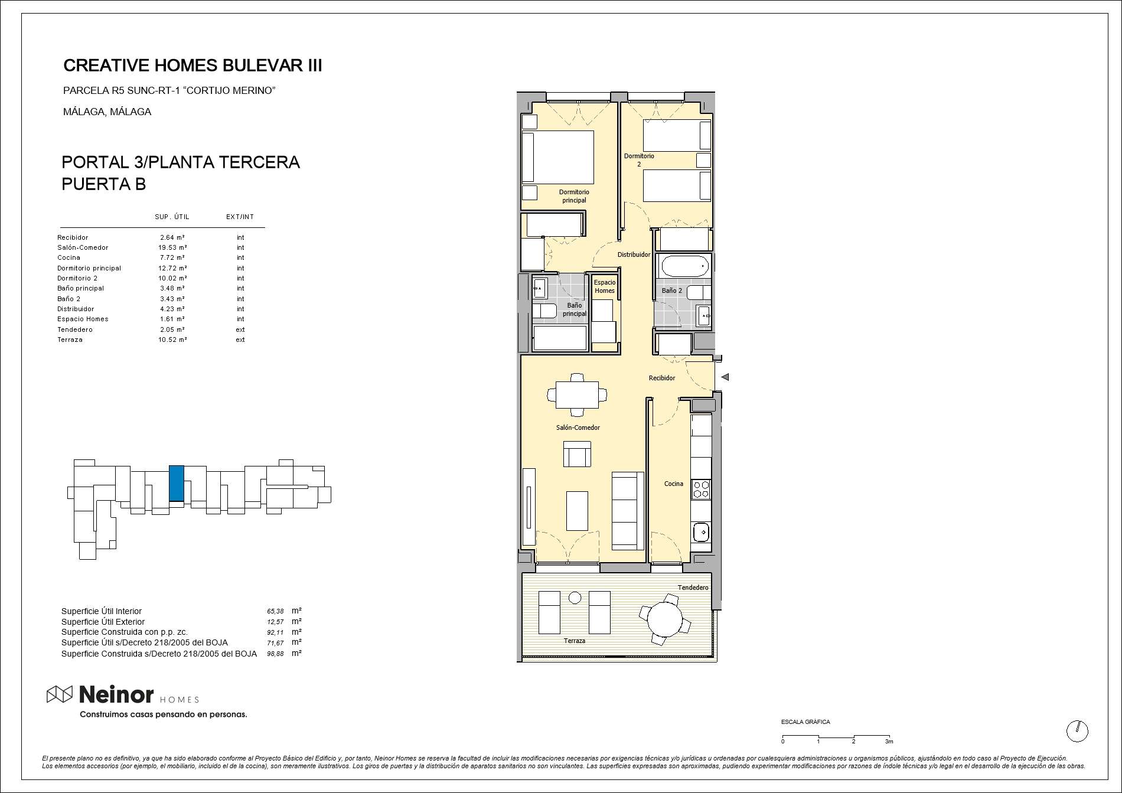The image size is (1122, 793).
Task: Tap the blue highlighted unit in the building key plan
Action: (x=176, y=483)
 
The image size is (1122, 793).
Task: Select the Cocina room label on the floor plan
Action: (x=673, y=484)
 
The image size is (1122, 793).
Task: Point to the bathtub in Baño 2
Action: (x=685, y=266)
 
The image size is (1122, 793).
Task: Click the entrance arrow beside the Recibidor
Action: (x=725, y=377)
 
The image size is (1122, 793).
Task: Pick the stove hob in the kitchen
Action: (x=701, y=489)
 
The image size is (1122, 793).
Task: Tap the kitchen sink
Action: (x=701, y=531)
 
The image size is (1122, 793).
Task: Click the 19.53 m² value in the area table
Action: (x=172, y=247)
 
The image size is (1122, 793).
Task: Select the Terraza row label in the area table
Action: (x=70, y=340)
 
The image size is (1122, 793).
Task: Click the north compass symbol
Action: (x=1077, y=731)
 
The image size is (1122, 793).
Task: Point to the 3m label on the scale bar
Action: (x=889, y=742)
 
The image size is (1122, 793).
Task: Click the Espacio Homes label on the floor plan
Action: (x=604, y=286)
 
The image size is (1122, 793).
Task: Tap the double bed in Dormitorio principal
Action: (x=558, y=157)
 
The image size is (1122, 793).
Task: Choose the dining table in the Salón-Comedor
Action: (x=577, y=394)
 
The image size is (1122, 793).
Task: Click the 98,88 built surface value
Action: (x=275, y=654)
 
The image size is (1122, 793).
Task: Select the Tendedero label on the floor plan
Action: (x=693, y=588)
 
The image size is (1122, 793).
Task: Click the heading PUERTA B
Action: (x=103, y=184)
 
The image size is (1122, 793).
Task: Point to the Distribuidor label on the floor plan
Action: (x=634, y=254)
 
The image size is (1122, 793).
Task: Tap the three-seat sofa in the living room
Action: (x=628, y=511)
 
